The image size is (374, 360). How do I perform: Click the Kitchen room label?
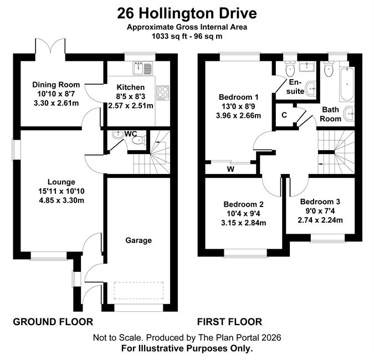[130, 87]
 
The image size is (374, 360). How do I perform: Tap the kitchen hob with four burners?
[163, 92]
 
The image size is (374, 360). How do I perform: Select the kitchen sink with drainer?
[142, 68]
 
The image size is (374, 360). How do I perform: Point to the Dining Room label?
[56, 85]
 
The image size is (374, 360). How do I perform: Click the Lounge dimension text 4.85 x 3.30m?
[62, 200]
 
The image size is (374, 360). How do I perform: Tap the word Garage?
[139, 240]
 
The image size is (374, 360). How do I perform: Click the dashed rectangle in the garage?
[139, 290]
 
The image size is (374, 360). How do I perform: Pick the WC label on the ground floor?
[131, 134]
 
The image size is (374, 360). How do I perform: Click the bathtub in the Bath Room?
[347, 84]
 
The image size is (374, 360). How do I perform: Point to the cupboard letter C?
[284, 115]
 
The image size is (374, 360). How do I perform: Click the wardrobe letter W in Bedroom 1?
[230, 169]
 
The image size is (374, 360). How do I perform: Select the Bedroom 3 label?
[320, 202]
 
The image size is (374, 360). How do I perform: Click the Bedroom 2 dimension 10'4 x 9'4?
[244, 213]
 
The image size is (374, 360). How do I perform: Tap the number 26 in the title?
[125, 13]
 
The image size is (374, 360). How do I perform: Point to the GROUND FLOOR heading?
[53, 322]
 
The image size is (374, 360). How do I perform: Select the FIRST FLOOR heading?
[229, 322]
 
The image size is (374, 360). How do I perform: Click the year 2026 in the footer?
[271, 338]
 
